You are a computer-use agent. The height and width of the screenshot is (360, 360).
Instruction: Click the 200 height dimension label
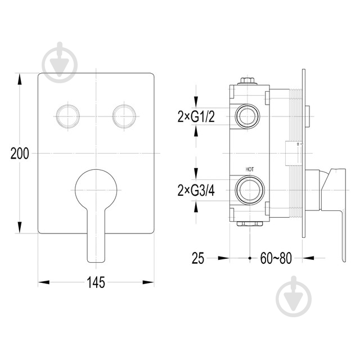pyautogui.click(x=19, y=153)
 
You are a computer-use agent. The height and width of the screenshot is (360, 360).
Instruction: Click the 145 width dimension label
pyautogui.click(x=96, y=282)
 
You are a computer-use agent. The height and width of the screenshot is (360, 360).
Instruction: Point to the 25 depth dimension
pyautogui.click(x=197, y=259)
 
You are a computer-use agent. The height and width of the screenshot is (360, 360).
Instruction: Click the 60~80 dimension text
pyautogui.click(x=276, y=259)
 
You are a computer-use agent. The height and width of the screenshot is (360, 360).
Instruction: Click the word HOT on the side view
pyautogui.click(x=249, y=169)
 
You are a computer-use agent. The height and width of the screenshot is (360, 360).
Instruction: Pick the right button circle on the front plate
pyautogui.click(x=124, y=116)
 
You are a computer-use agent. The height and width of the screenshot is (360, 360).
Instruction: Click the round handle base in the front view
pyautogui.click(x=96, y=188)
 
